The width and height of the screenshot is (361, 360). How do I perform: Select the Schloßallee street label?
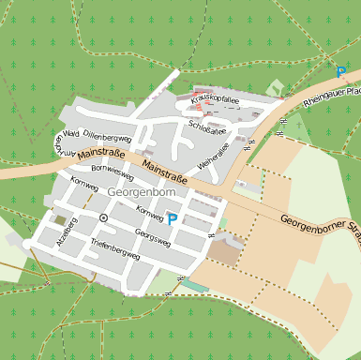(x=208, y=127)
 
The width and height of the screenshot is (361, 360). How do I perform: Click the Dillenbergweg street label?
(x=108, y=136)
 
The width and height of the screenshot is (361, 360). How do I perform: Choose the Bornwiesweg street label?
(x=113, y=172)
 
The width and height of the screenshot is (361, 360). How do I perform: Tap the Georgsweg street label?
(x=153, y=235)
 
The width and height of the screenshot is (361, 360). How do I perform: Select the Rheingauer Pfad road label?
(x=335, y=92)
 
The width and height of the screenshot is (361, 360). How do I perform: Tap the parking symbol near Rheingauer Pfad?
(x=340, y=71)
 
